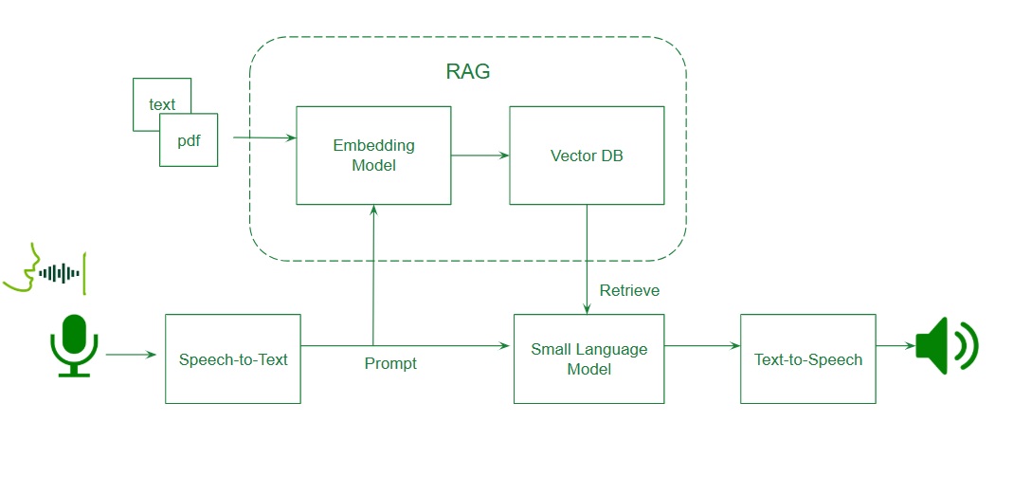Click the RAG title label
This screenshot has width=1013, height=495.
(x=468, y=72)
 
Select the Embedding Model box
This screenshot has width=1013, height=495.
(x=373, y=155)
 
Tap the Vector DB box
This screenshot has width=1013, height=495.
(x=587, y=155)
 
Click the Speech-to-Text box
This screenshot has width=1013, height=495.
(x=233, y=358)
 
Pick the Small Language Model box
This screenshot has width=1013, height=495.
(x=588, y=358)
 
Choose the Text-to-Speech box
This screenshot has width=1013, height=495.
(x=808, y=358)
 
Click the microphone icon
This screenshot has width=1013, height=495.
(x=74, y=346)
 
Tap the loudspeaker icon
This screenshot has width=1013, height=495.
(x=945, y=345)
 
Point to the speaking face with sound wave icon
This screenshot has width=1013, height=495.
(x=44, y=271)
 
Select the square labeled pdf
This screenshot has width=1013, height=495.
(x=189, y=140)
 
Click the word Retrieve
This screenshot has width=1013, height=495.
(x=629, y=290)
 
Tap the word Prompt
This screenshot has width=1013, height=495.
(x=390, y=363)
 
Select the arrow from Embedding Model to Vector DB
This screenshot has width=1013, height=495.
(x=479, y=156)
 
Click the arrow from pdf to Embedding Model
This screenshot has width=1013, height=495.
(x=264, y=138)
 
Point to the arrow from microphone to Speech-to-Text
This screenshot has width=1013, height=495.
(x=131, y=355)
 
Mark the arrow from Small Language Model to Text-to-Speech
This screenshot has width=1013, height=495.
(x=702, y=346)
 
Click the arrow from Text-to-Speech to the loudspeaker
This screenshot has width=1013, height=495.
(x=895, y=346)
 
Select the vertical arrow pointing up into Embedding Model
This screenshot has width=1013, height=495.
(x=373, y=275)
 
